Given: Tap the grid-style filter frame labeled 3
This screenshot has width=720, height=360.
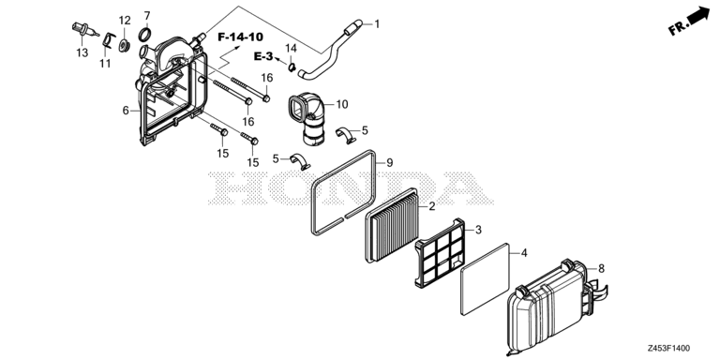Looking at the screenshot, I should pos(437,249).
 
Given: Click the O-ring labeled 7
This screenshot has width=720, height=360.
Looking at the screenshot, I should pos(144,36).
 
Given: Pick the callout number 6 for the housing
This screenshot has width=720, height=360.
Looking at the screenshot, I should pos(125,111).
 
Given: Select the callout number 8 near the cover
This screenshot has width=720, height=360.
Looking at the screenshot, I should pos(601,268).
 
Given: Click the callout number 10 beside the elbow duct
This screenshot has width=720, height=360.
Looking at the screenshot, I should pos(342,104).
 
